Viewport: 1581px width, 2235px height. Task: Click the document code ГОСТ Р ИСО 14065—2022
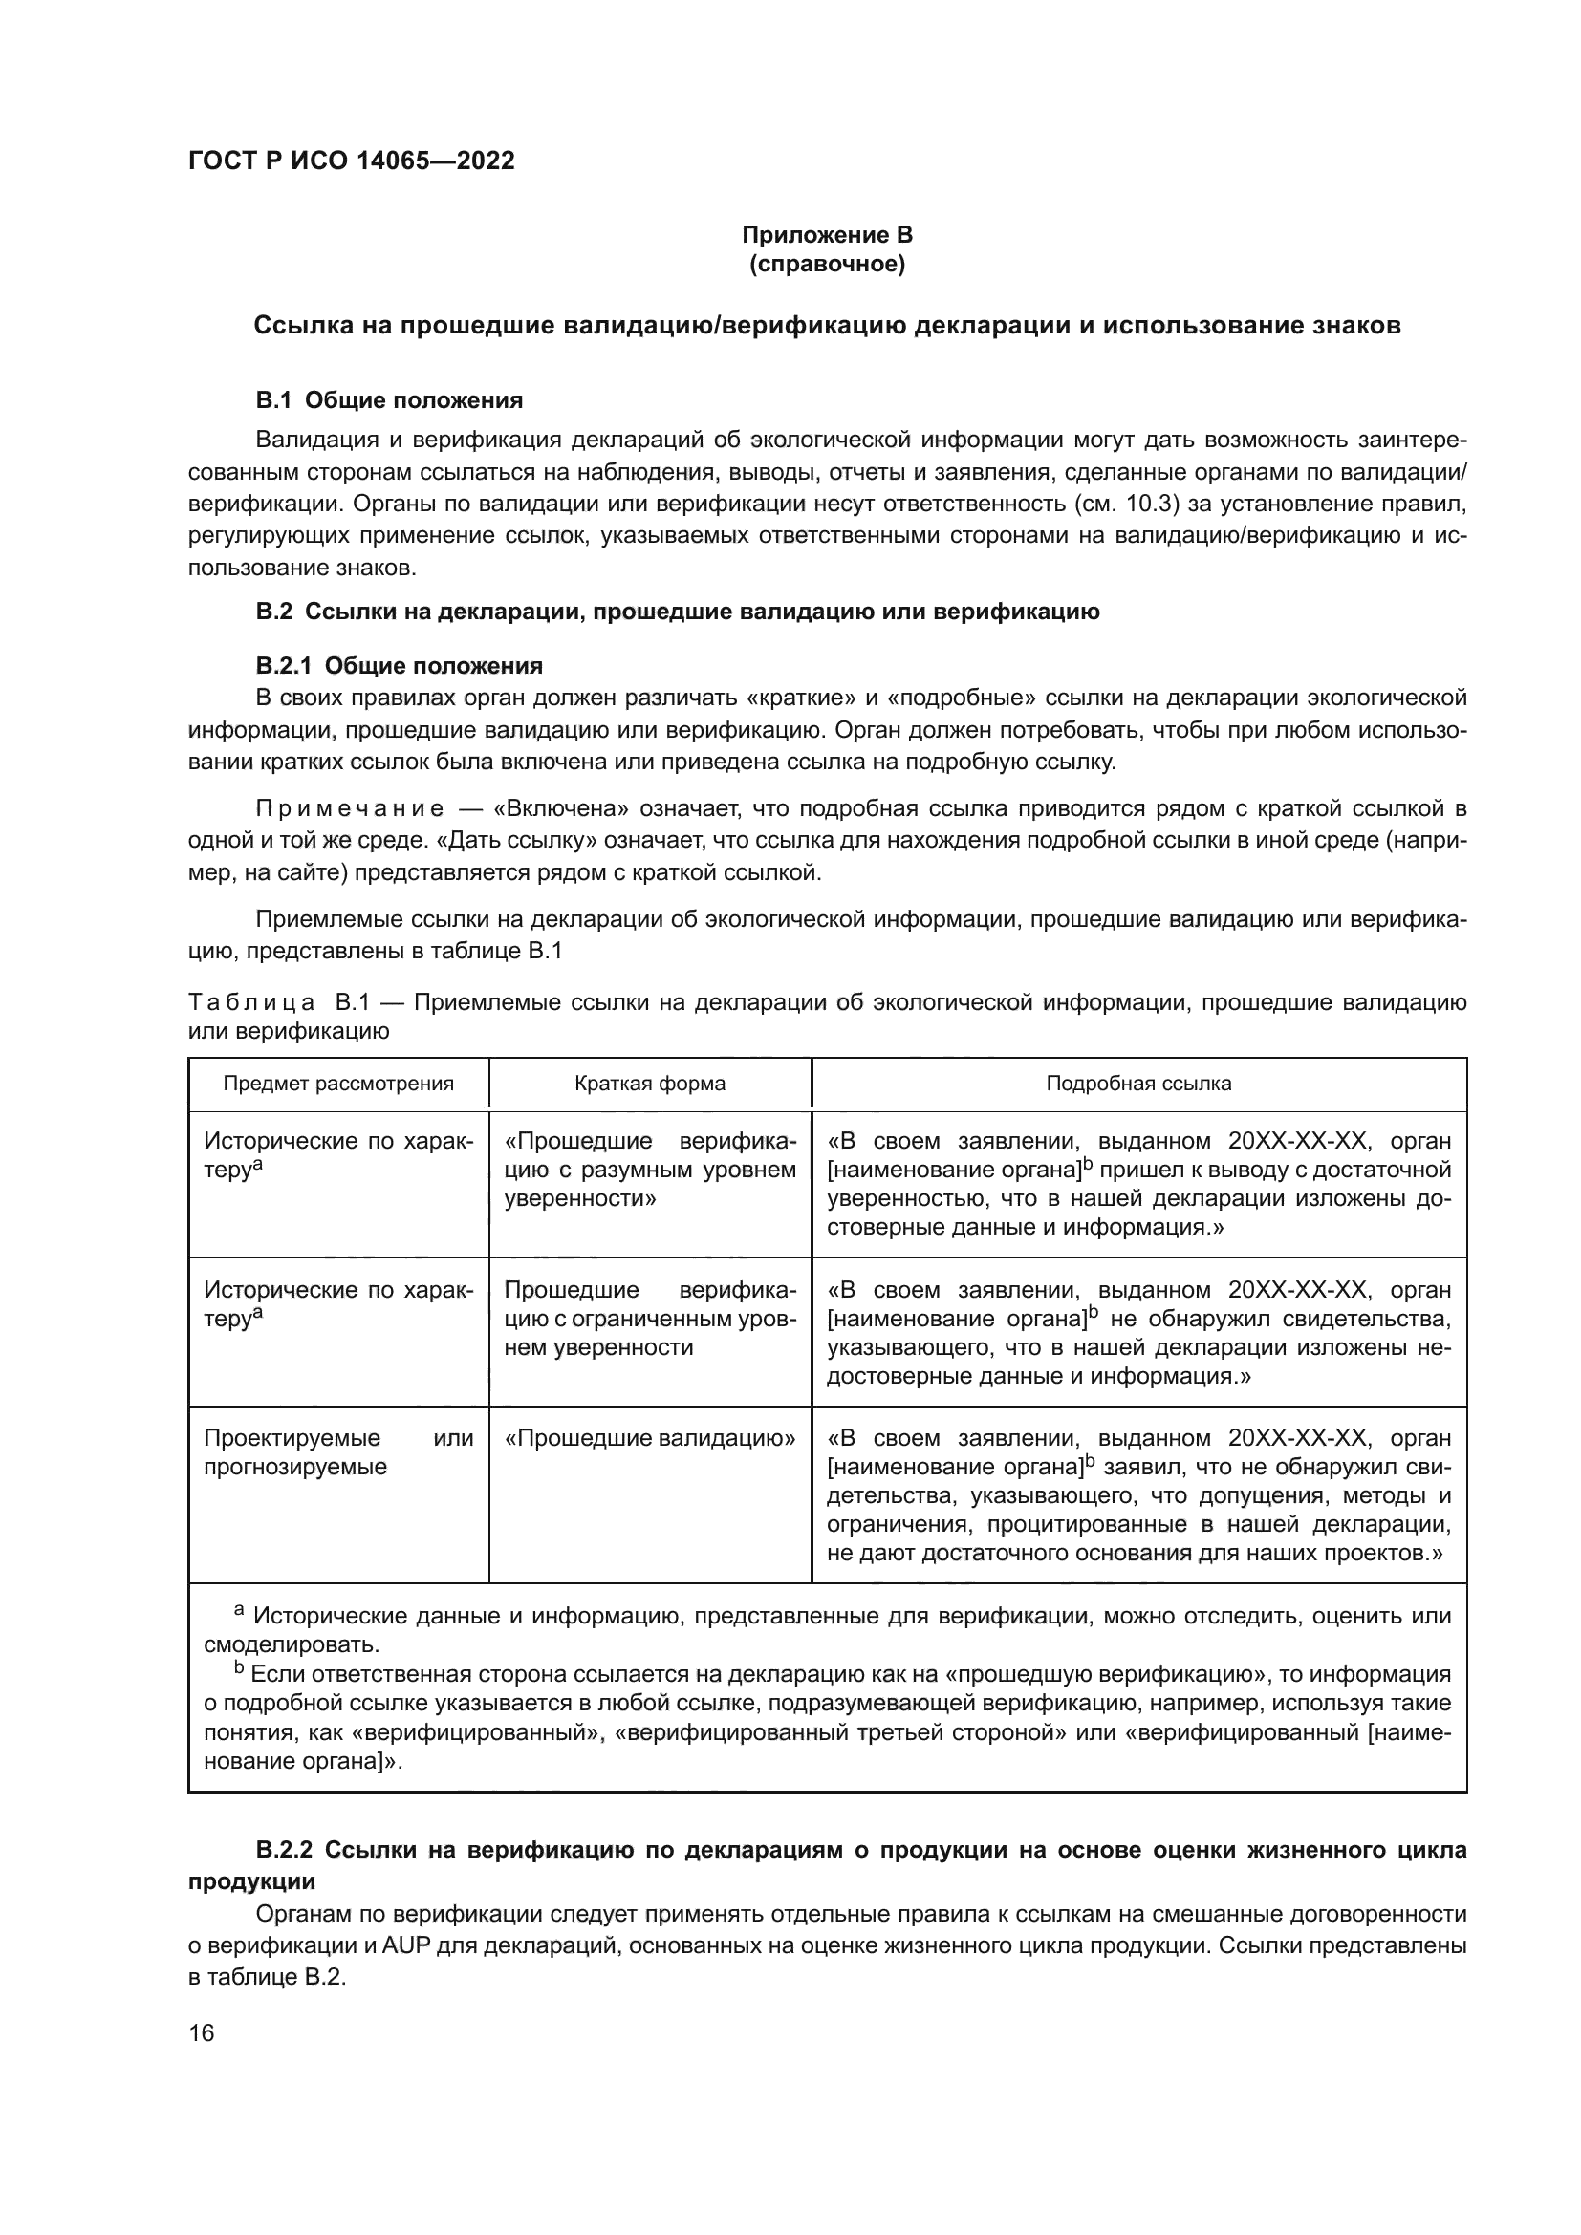point(351,161)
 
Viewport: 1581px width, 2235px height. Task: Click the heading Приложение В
point(827,235)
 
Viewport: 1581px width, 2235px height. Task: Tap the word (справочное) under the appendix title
point(827,265)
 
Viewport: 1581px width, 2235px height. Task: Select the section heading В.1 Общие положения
point(389,400)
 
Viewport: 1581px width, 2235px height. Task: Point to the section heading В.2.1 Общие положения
point(400,666)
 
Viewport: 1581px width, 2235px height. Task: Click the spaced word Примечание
point(350,809)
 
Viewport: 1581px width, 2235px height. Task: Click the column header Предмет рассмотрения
point(337,1084)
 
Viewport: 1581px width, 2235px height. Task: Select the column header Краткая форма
point(649,1084)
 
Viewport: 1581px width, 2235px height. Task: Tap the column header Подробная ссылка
point(1138,1084)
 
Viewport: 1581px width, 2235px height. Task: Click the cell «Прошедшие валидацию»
point(649,1438)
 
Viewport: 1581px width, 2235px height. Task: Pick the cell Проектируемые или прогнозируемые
point(337,1451)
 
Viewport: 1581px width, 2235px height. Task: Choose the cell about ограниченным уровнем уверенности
point(649,1318)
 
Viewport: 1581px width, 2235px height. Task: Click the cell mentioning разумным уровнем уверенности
point(649,1169)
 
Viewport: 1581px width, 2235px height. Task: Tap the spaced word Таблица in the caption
point(251,1002)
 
